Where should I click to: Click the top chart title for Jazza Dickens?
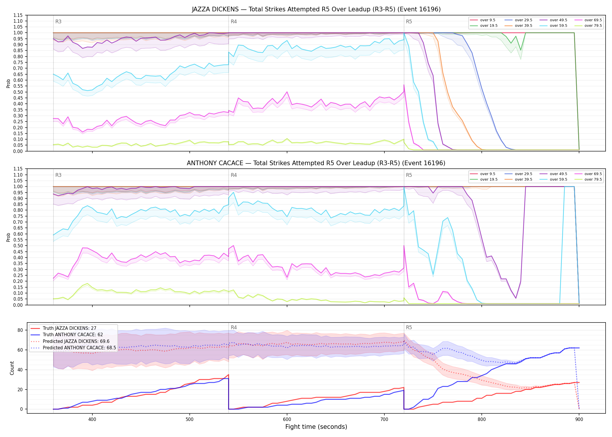pyautogui.click(x=316, y=9)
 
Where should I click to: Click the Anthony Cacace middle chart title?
pyautogui.click(x=316, y=163)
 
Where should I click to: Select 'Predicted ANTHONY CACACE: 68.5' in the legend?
pyautogui.click(x=73, y=348)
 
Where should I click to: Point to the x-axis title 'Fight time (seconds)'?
pyautogui.click(x=316, y=427)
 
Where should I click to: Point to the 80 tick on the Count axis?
pyautogui.click(x=20, y=330)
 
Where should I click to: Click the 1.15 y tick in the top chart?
pyautogui.click(x=18, y=15)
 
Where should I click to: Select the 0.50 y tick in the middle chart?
pyautogui.click(x=18, y=246)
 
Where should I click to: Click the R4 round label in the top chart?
pyautogui.click(x=234, y=22)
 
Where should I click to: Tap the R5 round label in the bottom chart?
pyautogui.click(x=409, y=327)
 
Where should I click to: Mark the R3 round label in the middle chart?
pyautogui.click(x=58, y=175)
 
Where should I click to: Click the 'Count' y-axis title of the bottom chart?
pyautogui.click(x=12, y=368)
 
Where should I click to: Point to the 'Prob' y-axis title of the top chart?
pyautogui.click(x=8, y=83)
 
